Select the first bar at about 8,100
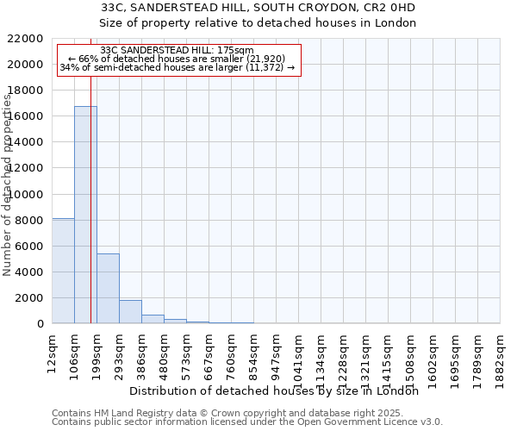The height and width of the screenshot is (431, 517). pyautogui.click(x=63, y=271)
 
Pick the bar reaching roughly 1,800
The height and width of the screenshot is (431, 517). pyautogui.click(x=130, y=311)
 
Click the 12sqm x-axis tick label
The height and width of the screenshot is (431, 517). pyautogui.click(x=52, y=348)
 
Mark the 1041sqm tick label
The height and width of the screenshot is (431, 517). pyautogui.click(x=298, y=355)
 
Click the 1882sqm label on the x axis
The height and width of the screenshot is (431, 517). pyautogui.click(x=500, y=355)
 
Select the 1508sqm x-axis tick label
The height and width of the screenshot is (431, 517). pyautogui.click(x=410, y=355)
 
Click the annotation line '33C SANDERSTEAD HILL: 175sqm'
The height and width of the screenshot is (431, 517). pyautogui.click(x=177, y=51)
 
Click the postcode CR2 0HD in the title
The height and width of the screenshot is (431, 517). pyautogui.click(x=389, y=8)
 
